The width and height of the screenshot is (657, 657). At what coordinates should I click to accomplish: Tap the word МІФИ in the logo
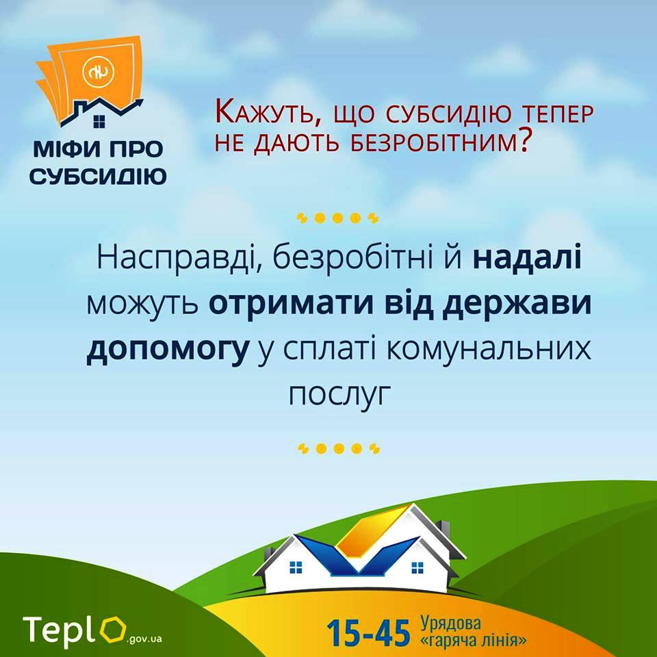68,149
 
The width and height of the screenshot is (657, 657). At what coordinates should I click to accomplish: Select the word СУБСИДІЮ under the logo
98,176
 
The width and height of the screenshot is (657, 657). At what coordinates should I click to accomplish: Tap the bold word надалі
527,257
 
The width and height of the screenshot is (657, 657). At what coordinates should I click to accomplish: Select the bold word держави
517,304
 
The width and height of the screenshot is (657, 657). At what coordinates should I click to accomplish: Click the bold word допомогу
167,351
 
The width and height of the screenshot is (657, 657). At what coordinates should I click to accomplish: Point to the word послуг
339,394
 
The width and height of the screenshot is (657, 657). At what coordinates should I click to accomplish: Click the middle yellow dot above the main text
337,218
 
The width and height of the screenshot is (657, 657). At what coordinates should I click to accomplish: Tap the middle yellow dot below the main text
339,449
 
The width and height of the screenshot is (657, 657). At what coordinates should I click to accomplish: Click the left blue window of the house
296,567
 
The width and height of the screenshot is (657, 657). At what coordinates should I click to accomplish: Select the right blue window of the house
417,568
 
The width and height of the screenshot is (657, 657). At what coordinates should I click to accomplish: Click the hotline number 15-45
368,632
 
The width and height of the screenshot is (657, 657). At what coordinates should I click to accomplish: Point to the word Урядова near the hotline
450,623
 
